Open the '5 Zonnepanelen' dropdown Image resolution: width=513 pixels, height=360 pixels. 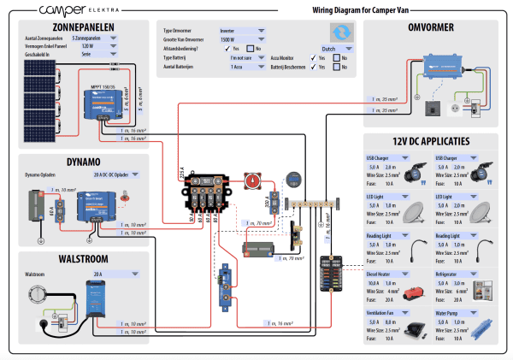(95, 38)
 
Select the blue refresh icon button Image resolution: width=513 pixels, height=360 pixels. (342, 32)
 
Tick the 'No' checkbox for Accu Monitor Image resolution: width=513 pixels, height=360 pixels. (335, 57)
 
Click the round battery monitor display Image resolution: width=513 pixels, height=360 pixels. (292, 180)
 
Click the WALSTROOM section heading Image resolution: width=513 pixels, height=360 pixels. (82, 258)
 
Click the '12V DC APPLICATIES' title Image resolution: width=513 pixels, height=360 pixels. (433, 140)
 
